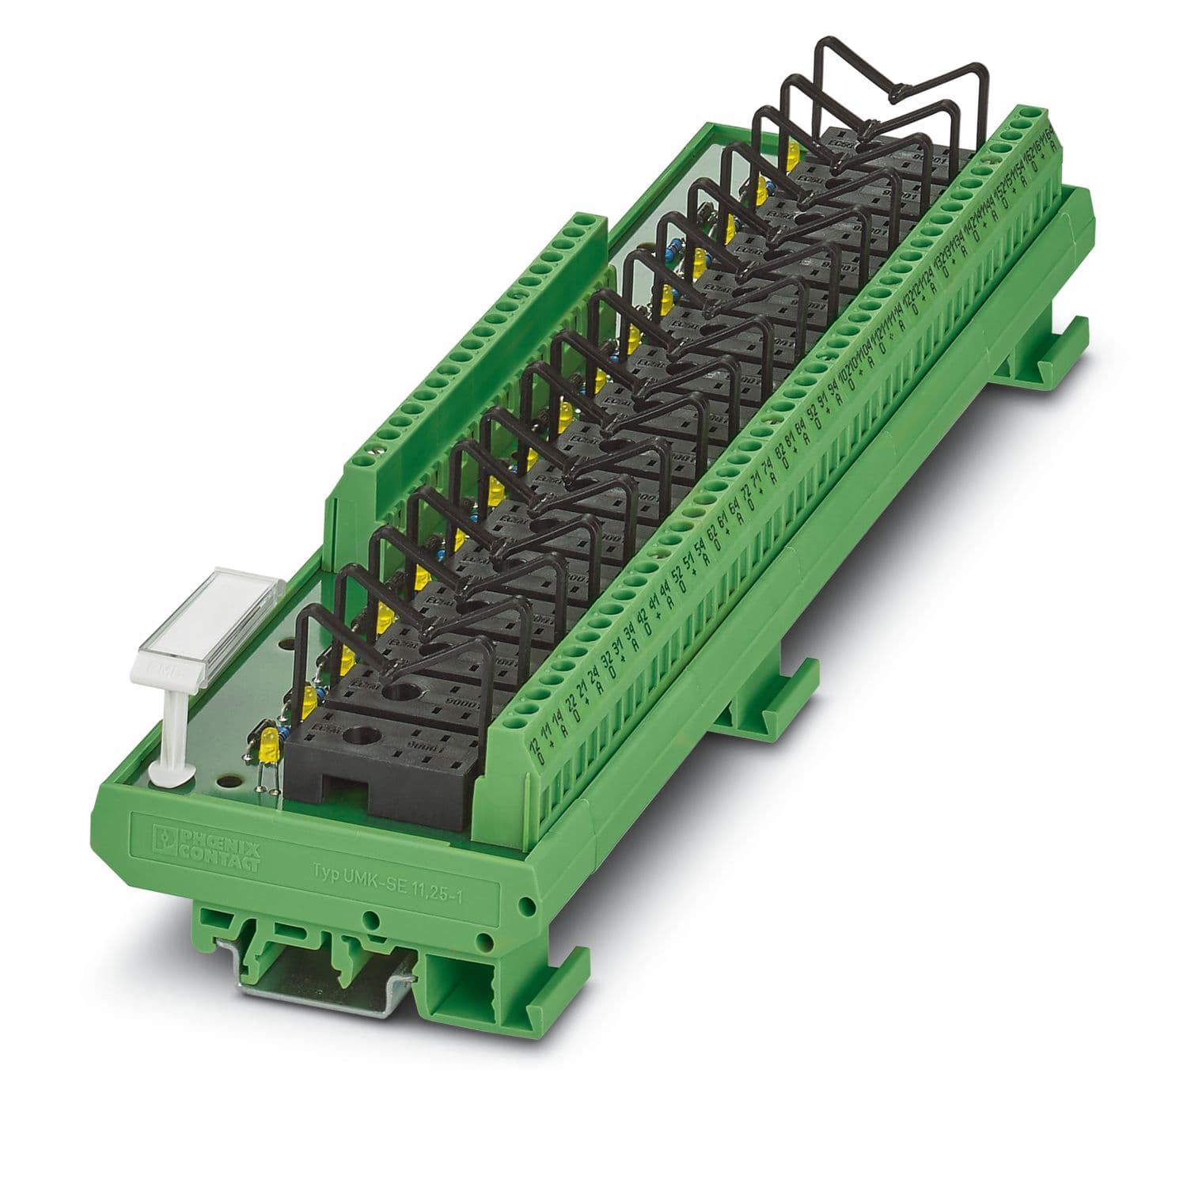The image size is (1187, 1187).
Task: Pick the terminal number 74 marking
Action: click(x=768, y=465)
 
